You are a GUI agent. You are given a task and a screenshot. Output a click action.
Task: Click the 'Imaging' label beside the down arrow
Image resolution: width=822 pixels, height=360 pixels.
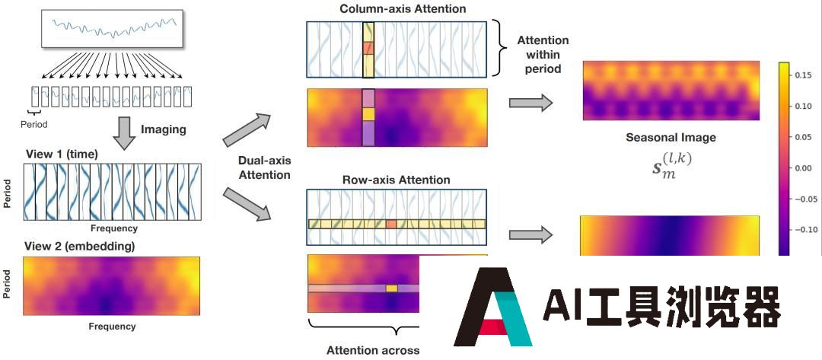163,130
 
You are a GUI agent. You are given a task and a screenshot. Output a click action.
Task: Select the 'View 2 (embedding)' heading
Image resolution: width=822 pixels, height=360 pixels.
79,246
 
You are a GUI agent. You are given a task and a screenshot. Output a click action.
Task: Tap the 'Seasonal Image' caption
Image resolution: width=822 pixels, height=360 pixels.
671,138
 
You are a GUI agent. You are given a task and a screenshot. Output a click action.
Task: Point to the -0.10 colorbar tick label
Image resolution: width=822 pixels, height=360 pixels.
804,228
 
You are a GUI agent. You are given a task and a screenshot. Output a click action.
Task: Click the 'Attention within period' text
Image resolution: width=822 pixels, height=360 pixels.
542,54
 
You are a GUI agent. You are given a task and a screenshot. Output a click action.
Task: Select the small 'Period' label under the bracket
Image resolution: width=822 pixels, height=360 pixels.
33,123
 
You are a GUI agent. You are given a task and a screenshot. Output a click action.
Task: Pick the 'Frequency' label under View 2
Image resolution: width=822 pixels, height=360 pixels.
112,326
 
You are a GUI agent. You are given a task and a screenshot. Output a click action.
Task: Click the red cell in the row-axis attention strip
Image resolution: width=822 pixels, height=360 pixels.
391,224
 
